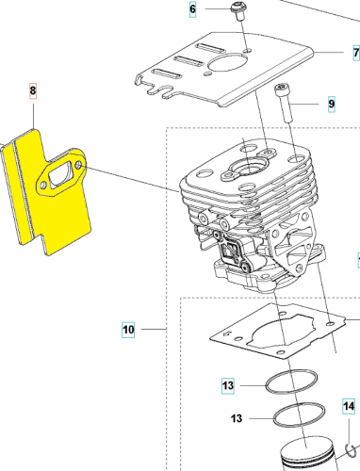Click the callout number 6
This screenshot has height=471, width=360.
193,9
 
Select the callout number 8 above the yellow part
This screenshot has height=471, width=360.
33,91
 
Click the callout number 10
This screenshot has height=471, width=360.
128,330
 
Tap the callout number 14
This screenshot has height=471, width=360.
349,407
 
